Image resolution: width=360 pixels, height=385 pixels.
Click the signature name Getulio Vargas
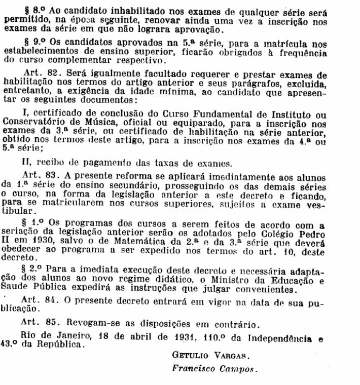tap(202, 355)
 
